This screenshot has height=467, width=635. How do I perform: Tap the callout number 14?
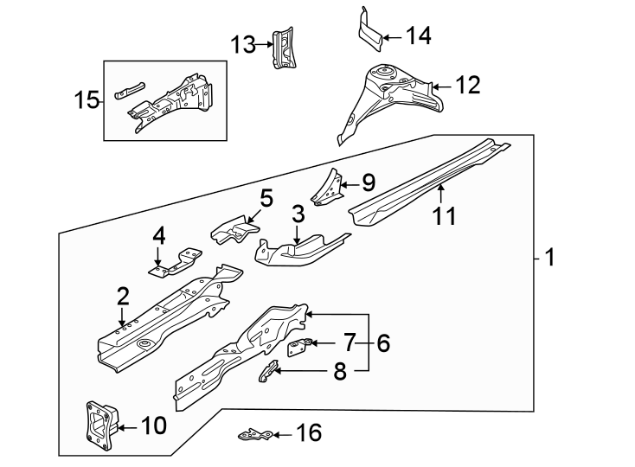click(418, 35)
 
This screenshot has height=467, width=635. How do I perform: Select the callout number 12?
click(466, 85)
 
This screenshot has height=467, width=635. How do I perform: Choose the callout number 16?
click(308, 432)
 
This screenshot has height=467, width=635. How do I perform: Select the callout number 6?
click(382, 343)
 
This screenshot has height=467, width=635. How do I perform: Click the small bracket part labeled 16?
click(255, 433)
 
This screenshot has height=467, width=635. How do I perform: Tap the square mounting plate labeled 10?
click(99, 425)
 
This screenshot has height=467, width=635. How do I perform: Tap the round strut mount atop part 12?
click(382, 74)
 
